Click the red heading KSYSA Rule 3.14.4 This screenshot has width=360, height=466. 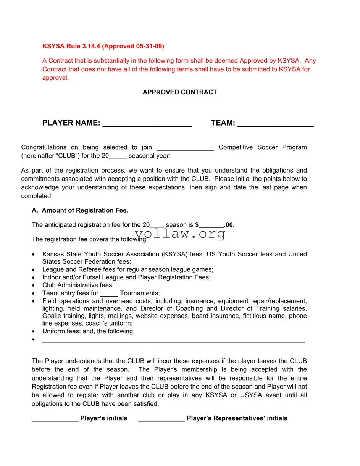coord(103,46)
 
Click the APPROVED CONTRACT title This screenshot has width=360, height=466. coord(180,92)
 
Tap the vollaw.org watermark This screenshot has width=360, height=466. coord(180,234)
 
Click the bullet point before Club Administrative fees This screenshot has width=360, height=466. coord(34,285)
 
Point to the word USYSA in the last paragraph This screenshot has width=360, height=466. coord(251,395)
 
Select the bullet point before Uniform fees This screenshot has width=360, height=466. coord(34,332)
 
